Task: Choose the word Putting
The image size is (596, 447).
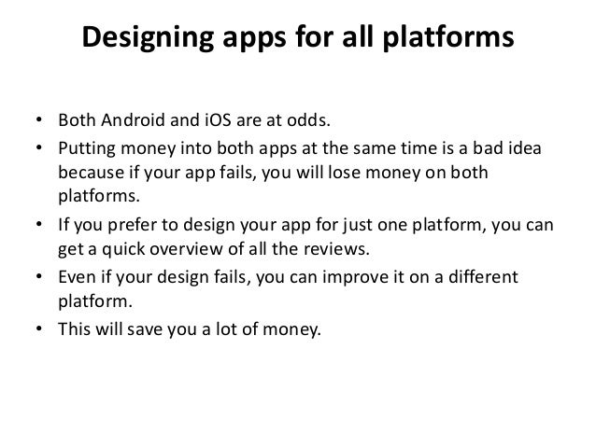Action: point(87,153)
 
